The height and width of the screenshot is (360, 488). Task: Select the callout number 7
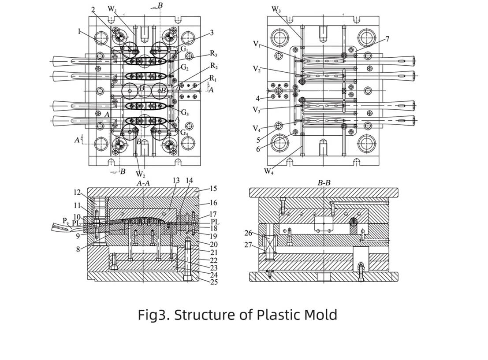[387, 39]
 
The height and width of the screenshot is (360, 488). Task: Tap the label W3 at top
[276, 9]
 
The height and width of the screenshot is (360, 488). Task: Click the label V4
[257, 129]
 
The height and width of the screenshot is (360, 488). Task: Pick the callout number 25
[214, 282]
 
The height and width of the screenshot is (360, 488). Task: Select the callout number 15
[214, 189]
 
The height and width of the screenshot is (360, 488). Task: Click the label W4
[269, 171]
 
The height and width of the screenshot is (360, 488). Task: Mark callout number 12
[78, 193]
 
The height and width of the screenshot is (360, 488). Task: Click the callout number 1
[79, 32]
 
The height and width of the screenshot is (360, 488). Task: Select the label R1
[213, 78]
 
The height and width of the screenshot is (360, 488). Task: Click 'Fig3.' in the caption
[154, 315]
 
